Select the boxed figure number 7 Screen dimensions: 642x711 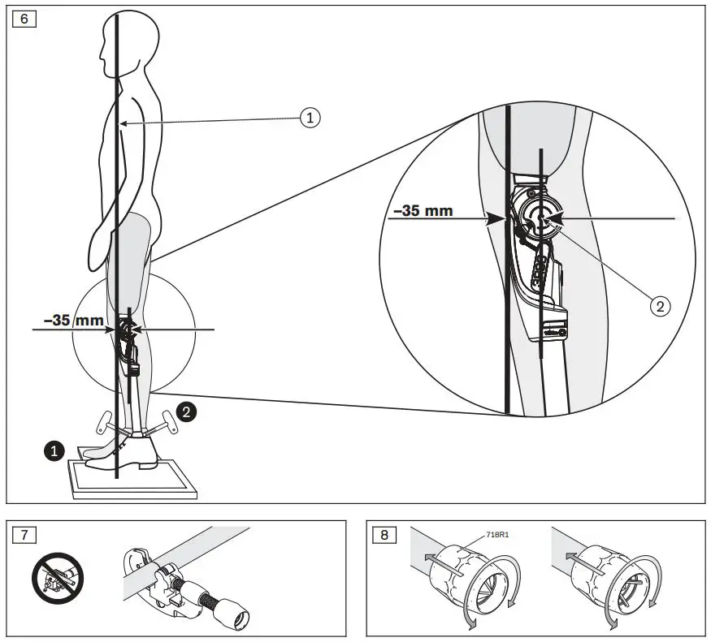click(x=24, y=535)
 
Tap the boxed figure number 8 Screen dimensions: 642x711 click(x=383, y=535)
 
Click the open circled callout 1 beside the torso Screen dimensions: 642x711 click(x=309, y=118)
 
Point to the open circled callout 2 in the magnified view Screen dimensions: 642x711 click(x=660, y=305)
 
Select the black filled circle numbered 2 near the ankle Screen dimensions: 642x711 click(x=187, y=412)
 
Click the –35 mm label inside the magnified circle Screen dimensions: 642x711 click(x=423, y=211)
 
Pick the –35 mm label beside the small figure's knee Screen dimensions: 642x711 click(x=72, y=321)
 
